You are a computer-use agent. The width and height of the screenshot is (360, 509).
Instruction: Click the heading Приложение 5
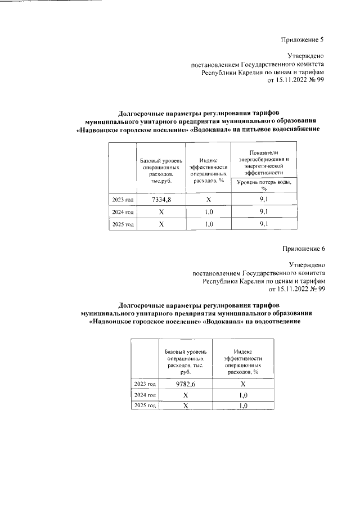[303, 39]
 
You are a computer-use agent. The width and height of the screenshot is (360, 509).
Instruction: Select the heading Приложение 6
[303, 248]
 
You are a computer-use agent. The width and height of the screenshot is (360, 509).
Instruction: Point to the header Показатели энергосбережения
[263, 159]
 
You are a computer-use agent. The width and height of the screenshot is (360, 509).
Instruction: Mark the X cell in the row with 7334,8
[208, 200]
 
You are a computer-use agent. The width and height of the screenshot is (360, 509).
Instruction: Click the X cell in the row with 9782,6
[243, 384]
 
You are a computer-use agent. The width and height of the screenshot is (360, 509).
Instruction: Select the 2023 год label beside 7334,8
[122, 200]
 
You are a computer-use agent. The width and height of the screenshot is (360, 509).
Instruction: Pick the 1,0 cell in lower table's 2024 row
[243, 395]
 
